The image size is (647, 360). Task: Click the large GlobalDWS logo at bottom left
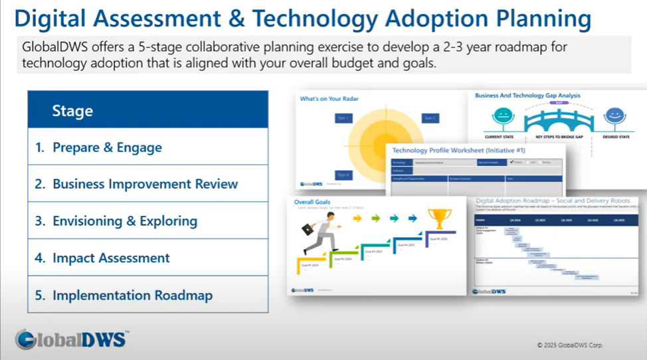click(x=71, y=339)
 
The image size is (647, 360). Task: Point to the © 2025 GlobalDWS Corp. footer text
click(x=569, y=345)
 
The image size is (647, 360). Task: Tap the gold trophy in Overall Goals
click(x=440, y=219)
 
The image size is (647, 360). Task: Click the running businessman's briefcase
click(x=309, y=229)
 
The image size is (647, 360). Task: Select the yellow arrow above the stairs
click(x=358, y=217)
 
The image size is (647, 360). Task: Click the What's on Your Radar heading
click(x=329, y=99)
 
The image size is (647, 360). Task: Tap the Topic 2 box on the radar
click(x=430, y=118)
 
